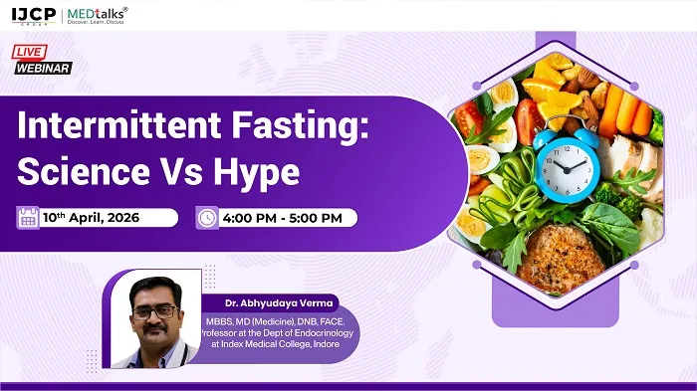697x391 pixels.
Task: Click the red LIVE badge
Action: point(30,51)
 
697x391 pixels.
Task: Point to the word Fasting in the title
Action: point(305,129)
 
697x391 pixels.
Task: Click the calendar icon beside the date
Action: point(27,217)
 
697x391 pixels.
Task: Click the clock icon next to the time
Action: point(206,217)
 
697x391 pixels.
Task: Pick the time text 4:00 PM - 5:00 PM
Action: point(283,218)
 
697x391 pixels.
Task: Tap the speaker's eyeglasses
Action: point(153,311)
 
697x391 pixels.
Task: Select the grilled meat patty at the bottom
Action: point(561,257)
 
